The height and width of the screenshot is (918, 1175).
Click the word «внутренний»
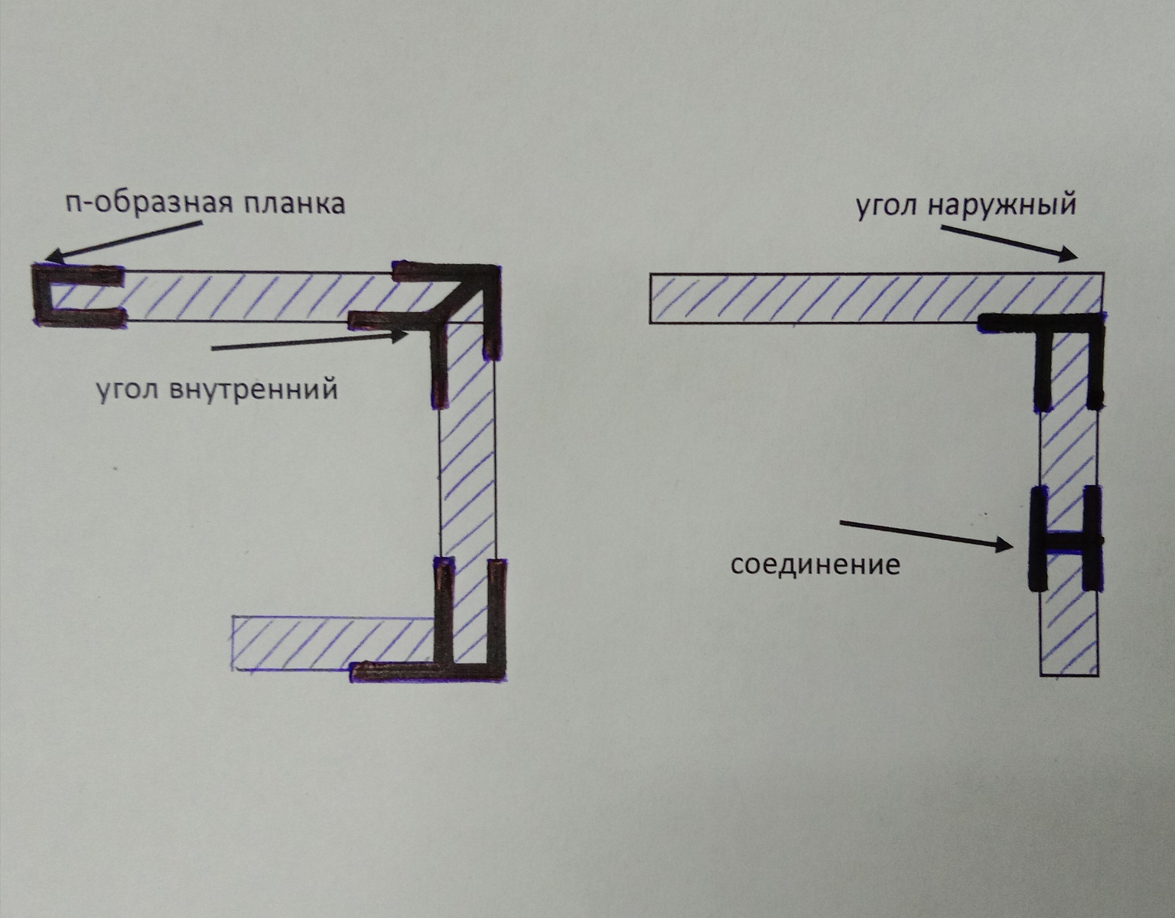[x=254, y=389]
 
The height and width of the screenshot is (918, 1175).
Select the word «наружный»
[x=1003, y=206]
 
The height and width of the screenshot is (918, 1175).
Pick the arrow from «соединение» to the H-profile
[x=926, y=535]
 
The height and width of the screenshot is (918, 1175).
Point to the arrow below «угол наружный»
[x=1010, y=243]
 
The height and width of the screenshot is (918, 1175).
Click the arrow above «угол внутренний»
[x=309, y=340]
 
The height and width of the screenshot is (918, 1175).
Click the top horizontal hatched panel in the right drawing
[x=876, y=298]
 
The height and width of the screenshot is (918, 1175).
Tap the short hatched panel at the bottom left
[x=333, y=643]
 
